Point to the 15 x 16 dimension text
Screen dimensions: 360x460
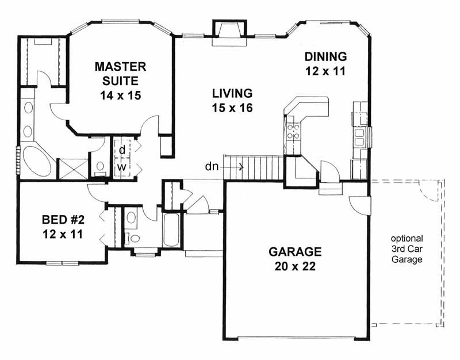[x=232, y=108]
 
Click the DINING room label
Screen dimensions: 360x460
[x=325, y=57]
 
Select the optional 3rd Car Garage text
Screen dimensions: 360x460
[x=407, y=248]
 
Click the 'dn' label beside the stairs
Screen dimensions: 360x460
[x=211, y=167]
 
